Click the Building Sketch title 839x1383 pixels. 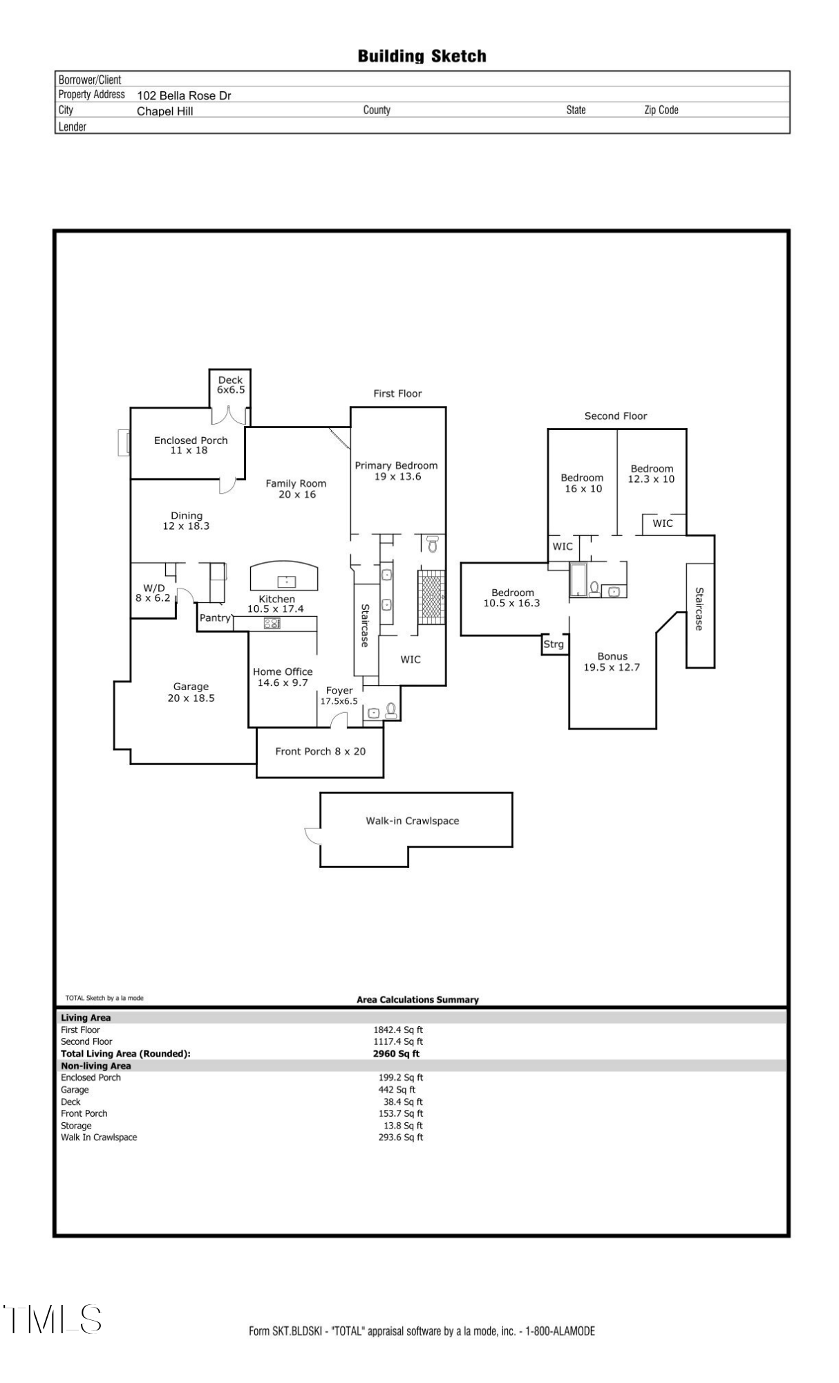point(422,56)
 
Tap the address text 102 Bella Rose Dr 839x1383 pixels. point(184,96)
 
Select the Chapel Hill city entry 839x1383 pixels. point(164,111)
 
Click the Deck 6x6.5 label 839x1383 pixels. point(230,384)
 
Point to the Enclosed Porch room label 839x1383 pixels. point(190,445)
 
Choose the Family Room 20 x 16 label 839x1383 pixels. point(296,489)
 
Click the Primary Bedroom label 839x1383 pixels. point(396,471)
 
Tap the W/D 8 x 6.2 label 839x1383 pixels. point(153,593)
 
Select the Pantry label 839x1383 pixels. point(215,618)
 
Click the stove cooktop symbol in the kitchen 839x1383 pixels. point(272,623)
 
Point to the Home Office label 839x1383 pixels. point(283,677)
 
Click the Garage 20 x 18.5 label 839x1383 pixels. point(191,692)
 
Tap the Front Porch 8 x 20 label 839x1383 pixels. point(320,751)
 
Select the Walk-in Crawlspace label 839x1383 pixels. point(412,821)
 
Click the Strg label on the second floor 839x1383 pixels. point(554,644)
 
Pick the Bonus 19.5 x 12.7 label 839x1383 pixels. point(612,662)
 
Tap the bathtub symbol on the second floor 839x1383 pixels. point(578,579)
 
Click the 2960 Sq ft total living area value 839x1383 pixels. point(396,1054)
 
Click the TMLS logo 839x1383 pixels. point(53,1319)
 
